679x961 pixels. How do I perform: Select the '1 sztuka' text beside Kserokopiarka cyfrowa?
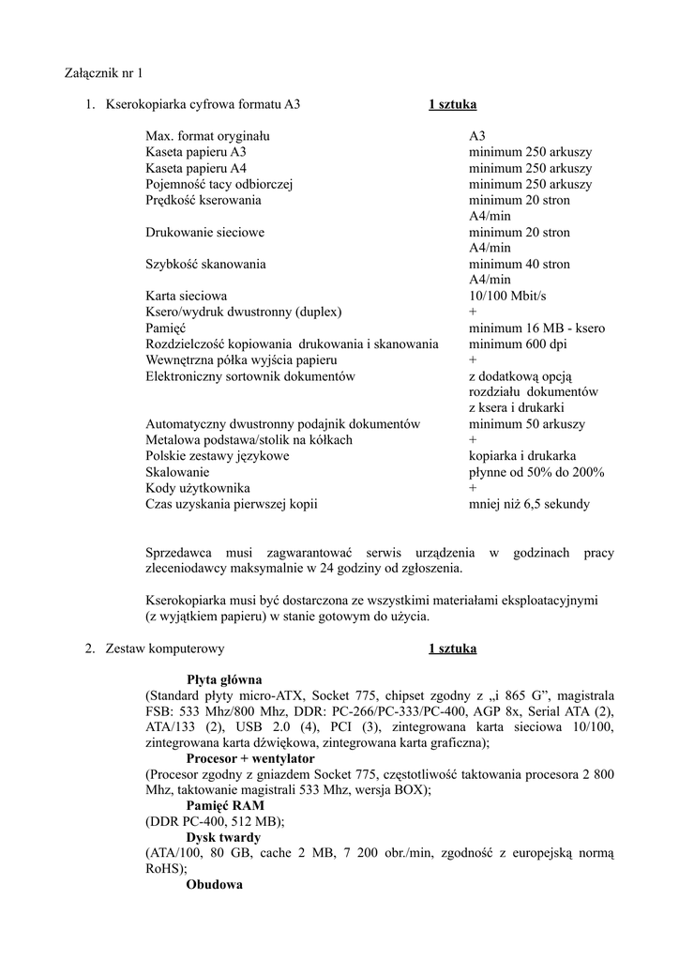pyautogui.click(x=452, y=104)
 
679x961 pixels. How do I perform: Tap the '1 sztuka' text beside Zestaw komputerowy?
pyautogui.click(x=452, y=648)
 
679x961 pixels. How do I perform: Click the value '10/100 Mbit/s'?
pyautogui.click(x=507, y=296)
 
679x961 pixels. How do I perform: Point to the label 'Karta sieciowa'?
pyautogui.click(x=186, y=296)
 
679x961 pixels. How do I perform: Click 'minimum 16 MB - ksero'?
pyautogui.click(x=536, y=328)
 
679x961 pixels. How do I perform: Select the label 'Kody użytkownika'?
pyautogui.click(x=197, y=487)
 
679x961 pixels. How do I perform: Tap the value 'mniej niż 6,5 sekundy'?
pyautogui.click(x=529, y=503)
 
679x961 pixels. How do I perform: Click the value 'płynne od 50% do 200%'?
pyautogui.click(x=536, y=471)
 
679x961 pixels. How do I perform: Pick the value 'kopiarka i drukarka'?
pyautogui.click(x=522, y=455)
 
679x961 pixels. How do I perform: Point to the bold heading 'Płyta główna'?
pyautogui.click(x=224, y=679)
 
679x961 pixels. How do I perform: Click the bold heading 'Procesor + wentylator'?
pyautogui.click(x=250, y=758)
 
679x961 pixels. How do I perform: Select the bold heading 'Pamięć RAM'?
pyautogui.click(x=225, y=805)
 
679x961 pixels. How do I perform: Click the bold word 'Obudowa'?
pyautogui.click(x=215, y=885)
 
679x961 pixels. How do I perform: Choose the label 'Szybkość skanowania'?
pyautogui.click(x=205, y=264)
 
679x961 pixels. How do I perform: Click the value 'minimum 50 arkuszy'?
pyautogui.click(x=526, y=423)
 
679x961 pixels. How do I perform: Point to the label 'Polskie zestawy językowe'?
pyautogui.click(x=218, y=455)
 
